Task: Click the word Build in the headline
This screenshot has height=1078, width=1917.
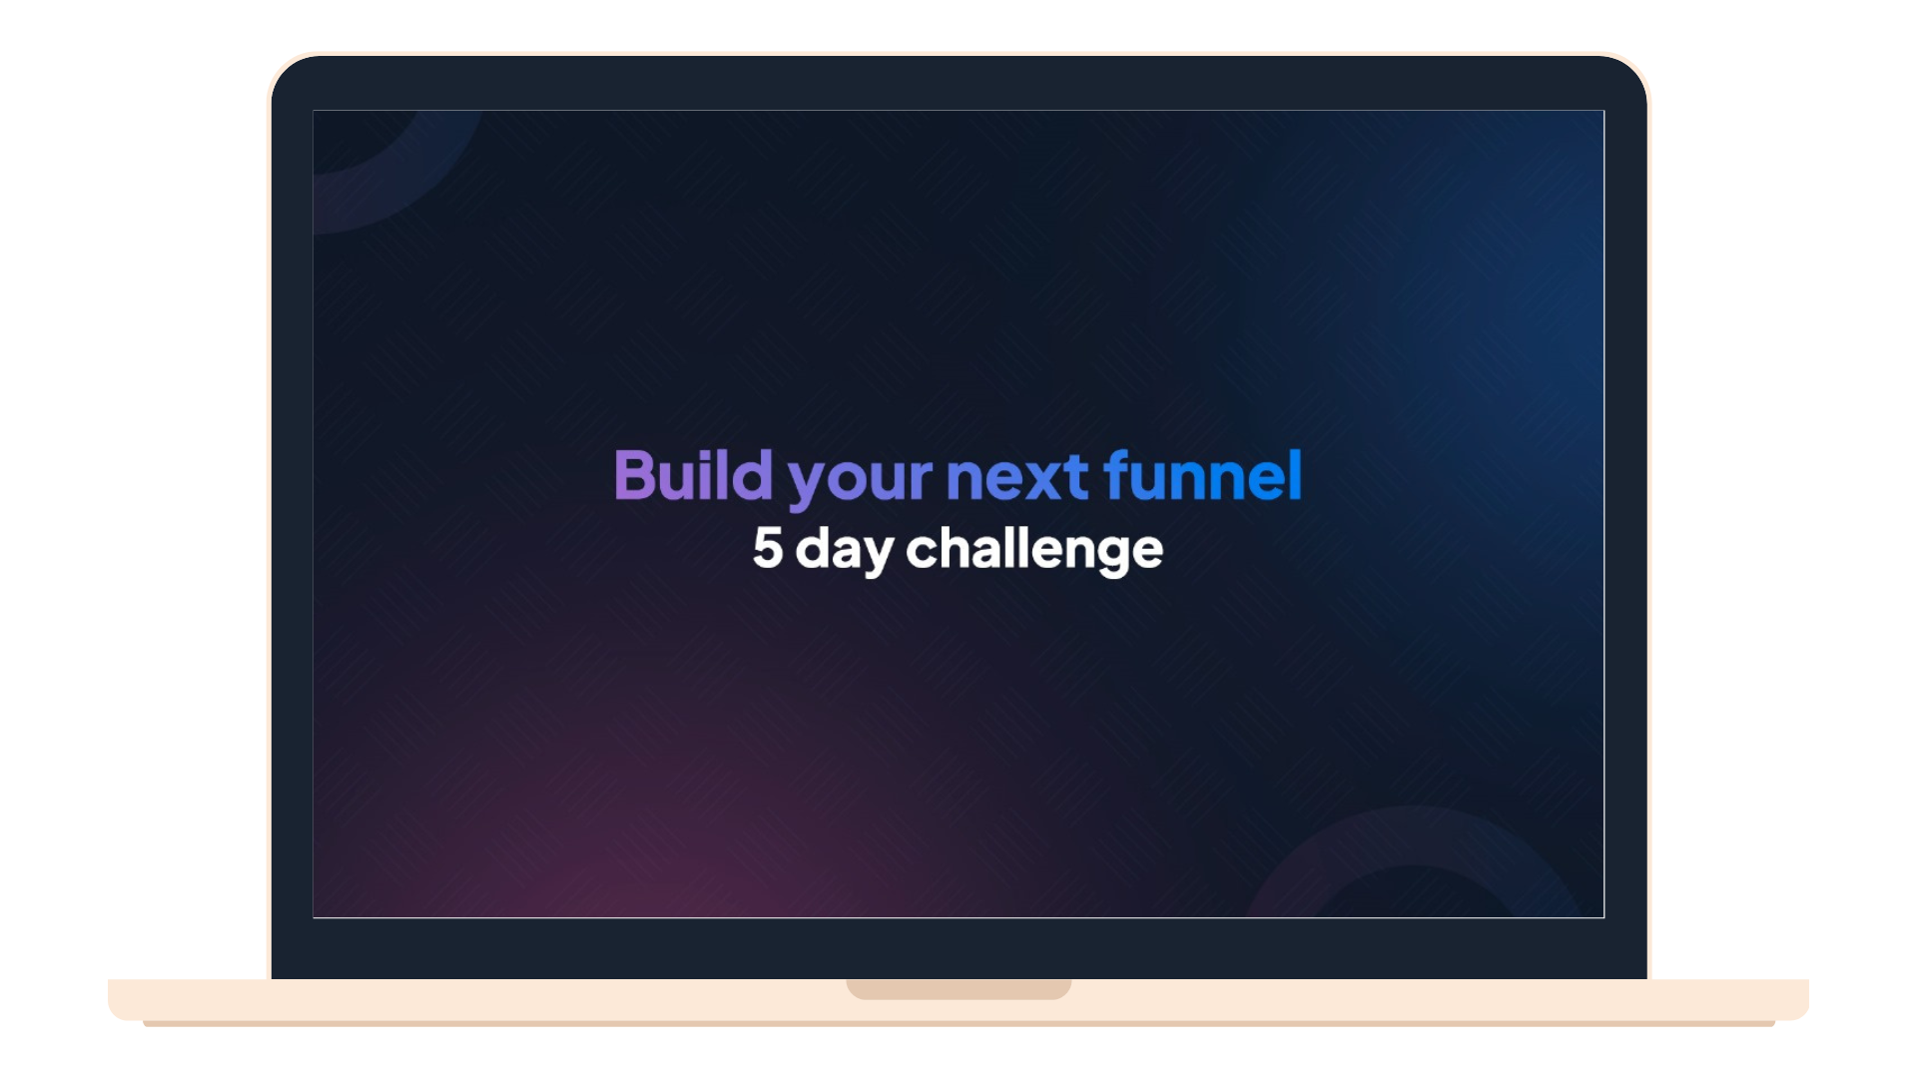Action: click(x=693, y=474)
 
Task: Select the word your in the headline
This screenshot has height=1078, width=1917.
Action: click(x=860, y=481)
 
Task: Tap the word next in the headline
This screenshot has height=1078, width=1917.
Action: click(x=1017, y=477)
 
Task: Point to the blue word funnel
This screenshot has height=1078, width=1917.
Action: click(x=1203, y=474)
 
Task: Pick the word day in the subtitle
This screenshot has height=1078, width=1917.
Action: click(x=845, y=551)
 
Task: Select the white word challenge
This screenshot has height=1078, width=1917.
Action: click(x=1034, y=550)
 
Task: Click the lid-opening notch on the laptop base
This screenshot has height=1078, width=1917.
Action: click(x=958, y=988)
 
